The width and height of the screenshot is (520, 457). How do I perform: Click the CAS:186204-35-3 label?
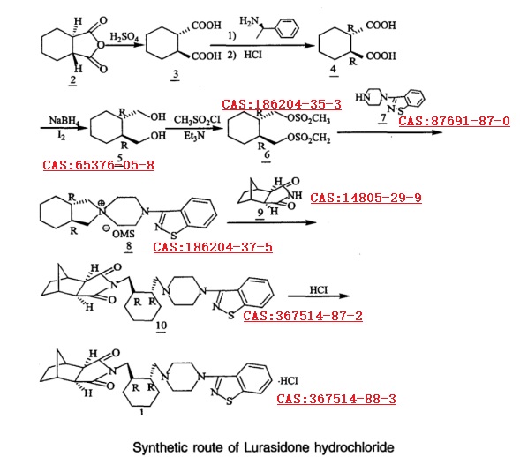pos(282,104)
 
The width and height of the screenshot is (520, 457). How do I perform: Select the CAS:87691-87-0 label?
pos(454,121)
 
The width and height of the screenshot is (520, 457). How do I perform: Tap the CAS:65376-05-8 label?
pos(99,165)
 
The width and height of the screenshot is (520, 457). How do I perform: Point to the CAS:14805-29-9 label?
pos(366,198)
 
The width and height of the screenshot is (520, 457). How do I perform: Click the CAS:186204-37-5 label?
pos(213,247)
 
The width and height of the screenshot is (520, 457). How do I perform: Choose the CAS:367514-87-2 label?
pos(303,316)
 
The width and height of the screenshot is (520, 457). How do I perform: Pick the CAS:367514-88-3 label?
pos(336,399)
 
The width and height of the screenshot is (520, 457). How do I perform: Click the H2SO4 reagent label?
pos(124,37)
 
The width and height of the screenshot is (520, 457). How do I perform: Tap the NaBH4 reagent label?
pos(64,121)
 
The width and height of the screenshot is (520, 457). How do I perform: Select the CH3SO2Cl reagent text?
pos(197,120)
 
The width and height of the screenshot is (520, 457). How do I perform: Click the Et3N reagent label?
pos(194,136)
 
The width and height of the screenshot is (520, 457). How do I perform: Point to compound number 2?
pos(72,79)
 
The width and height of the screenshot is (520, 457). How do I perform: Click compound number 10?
pos(162,326)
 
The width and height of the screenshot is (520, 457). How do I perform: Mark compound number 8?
pos(129,246)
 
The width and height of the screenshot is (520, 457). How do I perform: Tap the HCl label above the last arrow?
pos(319,290)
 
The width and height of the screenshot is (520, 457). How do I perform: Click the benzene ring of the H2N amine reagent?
pos(287,28)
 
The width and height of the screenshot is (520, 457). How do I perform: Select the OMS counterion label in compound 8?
pos(124,235)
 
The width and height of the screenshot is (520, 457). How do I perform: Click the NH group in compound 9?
pos(295,196)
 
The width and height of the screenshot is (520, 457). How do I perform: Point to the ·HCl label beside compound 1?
pos(288,381)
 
